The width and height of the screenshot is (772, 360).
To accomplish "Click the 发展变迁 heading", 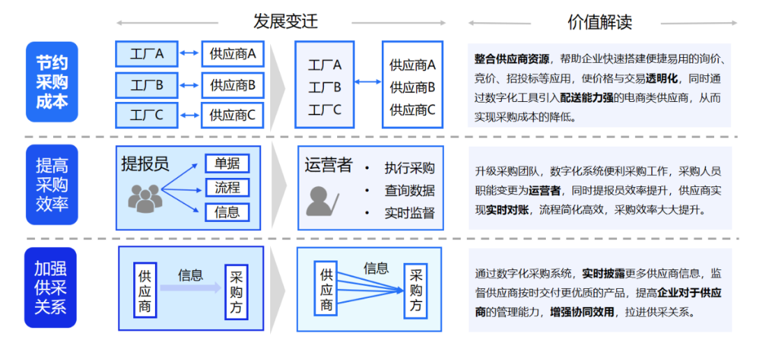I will click(285, 21).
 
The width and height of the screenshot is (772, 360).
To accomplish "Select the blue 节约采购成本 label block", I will click(52, 82).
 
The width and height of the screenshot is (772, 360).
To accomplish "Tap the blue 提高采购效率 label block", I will click(52, 184).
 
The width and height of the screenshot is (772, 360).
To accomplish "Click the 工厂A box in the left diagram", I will click(147, 53).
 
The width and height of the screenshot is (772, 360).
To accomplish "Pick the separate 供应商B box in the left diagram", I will click(232, 85).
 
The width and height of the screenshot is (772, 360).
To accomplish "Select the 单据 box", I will click(227, 164).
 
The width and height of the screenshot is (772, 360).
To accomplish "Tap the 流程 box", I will click(227, 188).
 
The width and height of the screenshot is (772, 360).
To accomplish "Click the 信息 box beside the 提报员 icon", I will click(227, 212).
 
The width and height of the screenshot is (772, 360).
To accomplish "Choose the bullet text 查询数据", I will click(409, 190).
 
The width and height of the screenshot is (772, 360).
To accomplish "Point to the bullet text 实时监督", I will click(409, 213).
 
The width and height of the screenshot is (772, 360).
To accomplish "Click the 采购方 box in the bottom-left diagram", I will click(237, 291).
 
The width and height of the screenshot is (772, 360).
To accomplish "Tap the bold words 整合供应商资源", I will click(512, 59).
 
